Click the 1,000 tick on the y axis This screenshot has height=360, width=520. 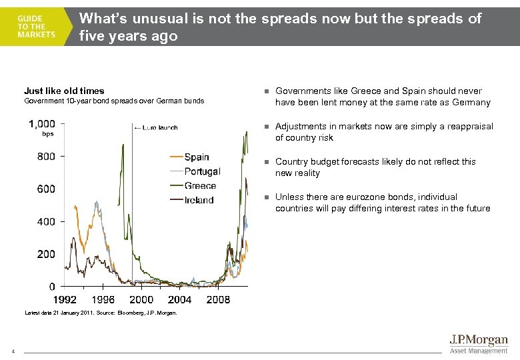[42, 124]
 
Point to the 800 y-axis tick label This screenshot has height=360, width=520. [47, 157]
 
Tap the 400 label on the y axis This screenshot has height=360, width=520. [47, 221]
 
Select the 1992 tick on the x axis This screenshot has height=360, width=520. [65, 300]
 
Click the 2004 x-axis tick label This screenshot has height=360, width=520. [180, 300]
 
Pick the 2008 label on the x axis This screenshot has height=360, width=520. [218, 300]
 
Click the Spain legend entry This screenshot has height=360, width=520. [196, 157]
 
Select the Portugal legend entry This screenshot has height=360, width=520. [202, 172]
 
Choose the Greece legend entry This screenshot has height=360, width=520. [200, 186]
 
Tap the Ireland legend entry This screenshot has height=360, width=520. [199, 200]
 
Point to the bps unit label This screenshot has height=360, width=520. [47, 134]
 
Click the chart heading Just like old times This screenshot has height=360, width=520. [64, 91]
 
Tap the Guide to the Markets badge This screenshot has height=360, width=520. [37, 27]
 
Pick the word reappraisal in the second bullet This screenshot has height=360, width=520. [469, 126]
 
